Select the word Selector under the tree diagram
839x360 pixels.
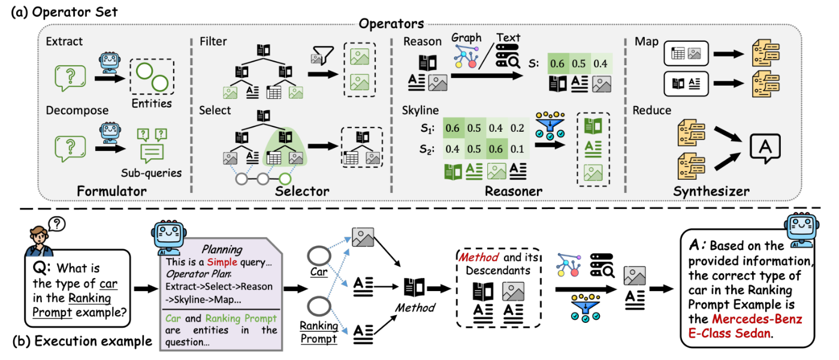pyautogui.click(x=303, y=191)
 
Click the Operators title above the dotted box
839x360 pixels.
pyautogui.click(x=391, y=24)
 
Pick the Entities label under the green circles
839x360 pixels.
pyautogui.click(x=152, y=104)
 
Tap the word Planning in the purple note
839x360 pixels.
pyautogui.click(x=222, y=250)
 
